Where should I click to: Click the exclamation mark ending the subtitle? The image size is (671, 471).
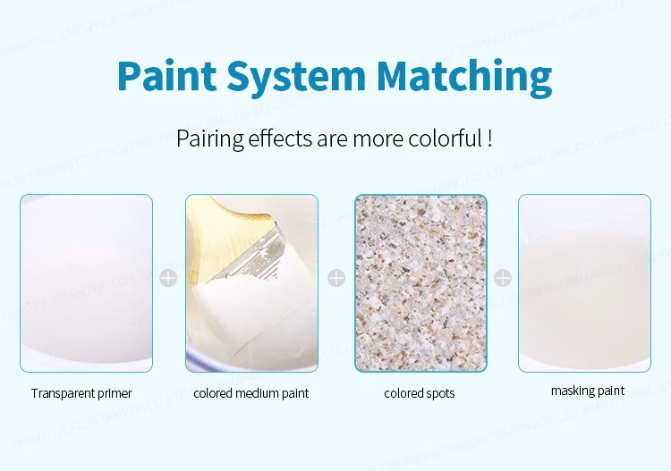click(x=490, y=139)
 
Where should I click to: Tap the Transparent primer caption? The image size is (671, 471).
click(x=81, y=393)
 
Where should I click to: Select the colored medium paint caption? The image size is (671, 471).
click(x=251, y=393)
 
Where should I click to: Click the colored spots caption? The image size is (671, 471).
click(x=420, y=393)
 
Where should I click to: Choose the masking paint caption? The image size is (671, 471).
click(x=588, y=391)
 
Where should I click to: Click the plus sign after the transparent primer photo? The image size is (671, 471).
click(x=168, y=278)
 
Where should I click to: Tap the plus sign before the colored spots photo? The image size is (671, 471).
click(x=336, y=278)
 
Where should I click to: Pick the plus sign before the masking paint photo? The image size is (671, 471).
click(x=503, y=278)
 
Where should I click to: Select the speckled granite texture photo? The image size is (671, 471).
click(x=420, y=282)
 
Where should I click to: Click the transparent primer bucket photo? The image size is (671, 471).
click(x=87, y=282)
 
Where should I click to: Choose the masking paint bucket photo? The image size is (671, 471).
click(x=584, y=282)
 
